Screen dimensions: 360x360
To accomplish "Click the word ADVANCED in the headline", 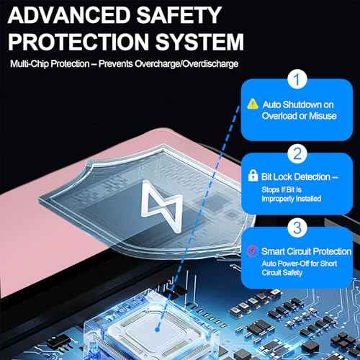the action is click(x=69, y=15).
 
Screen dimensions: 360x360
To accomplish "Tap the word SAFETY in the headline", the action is click(x=179, y=15).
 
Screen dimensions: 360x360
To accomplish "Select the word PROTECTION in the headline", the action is click(x=78, y=42).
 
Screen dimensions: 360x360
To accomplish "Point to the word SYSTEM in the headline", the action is click(x=199, y=42).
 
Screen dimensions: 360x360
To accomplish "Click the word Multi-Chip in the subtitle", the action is click(x=30, y=64).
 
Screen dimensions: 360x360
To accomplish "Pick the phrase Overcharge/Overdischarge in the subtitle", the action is click(x=186, y=64).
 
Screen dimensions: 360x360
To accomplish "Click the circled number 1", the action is click(x=297, y=79).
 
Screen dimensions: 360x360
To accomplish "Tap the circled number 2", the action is click(x=297, y=153).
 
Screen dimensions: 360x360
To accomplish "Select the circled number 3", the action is click(x=297, y=228).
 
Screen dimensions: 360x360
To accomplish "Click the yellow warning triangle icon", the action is click(x=253, y=104).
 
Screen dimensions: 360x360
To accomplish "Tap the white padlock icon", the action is click(x=253, y=176).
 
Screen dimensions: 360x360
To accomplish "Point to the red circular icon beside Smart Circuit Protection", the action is click(x=252, y=251).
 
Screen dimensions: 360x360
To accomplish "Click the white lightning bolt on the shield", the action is click(x=162, y=207).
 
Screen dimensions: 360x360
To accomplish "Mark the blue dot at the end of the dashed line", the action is click(x=158, y=330).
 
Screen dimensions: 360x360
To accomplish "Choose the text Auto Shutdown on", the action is click(x=298, y=105).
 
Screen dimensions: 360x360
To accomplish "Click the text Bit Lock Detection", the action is click(x=296, y=177).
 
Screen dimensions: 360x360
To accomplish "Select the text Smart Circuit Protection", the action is click(x=306, y=251).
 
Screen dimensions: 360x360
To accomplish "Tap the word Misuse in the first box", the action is click(x=323, y=116).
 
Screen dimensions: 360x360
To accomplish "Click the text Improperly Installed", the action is click(x=292, y=199).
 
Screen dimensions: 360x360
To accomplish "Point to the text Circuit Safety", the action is click(x=282, y=273).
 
